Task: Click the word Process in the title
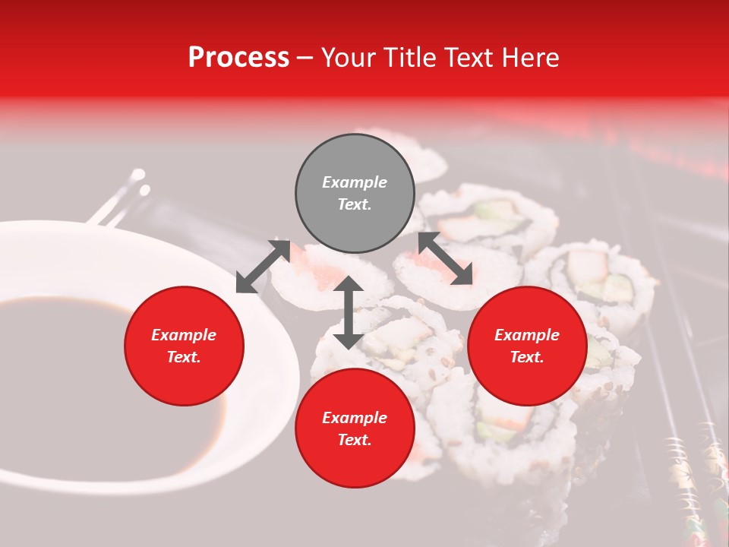[x=238, y=58]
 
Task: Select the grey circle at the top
[x=355, y=193]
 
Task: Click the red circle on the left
[x=184, y=346]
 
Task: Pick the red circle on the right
[x=527, y=346]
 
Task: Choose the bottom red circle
[x=355, y=428]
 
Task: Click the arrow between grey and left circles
[x=263, y=267]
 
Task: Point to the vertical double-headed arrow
[x=348, y=312]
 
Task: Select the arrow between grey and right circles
[x=445, y=258]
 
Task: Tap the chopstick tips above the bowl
[x=137, y=182]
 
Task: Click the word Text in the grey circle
[x=355, y=204]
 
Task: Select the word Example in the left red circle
[x=184, y=335]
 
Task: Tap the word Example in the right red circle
[x=527, y=335]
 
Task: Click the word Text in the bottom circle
[x=355, y=440]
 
